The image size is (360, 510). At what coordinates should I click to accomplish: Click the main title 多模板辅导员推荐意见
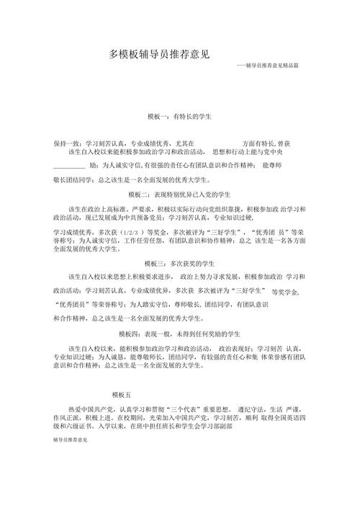point(159,54)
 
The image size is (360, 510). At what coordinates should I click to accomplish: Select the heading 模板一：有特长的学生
point(179,116)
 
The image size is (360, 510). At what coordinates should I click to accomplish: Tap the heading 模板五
point(122,395)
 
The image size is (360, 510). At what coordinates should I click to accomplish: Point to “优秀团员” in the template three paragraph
point(71,304)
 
